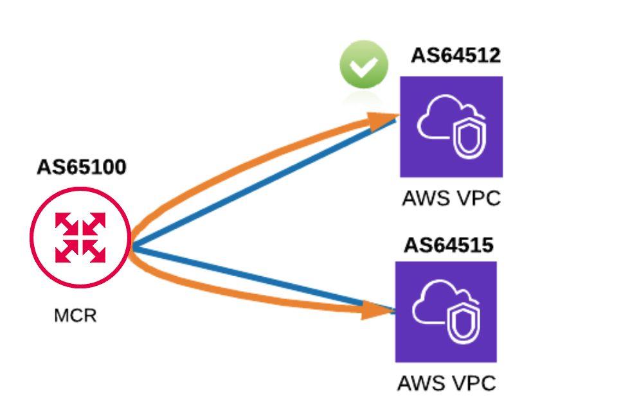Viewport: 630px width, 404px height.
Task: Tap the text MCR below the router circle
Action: tap(75, 316)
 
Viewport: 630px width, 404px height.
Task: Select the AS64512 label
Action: tap(455, 56)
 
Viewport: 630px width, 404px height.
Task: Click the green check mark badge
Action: tap(364, 64)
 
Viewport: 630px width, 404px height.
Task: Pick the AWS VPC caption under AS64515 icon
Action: tap(446, 383)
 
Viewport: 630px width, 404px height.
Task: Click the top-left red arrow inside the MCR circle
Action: tap(66, 224)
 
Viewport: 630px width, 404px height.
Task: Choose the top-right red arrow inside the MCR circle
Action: tap(94, 224)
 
